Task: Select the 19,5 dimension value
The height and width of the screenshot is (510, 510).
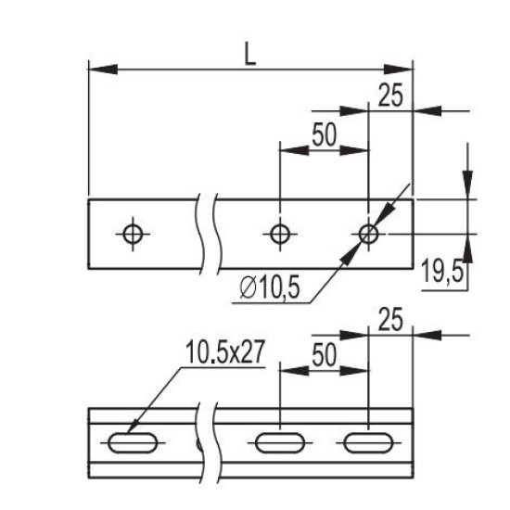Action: tap(441, 272)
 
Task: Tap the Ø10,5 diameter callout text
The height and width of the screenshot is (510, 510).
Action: tap(269, 288)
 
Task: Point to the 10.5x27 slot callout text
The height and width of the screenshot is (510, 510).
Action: tap(224, 352)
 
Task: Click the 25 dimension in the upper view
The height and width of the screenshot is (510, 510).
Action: tap(390, 96)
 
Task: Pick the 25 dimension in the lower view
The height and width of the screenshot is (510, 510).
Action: tap(390, 319)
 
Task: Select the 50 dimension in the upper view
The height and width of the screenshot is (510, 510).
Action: tap(324, 134)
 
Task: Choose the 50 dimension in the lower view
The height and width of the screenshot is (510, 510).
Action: tap(324, 355)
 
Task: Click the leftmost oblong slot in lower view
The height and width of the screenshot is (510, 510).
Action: tap(133, 433)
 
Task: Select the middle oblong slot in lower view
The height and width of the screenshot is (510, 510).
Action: tap(280, 433)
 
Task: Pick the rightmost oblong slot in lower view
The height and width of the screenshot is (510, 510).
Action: tap(368, 433)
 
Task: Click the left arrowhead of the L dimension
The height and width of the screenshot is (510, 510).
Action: tap(103, 70)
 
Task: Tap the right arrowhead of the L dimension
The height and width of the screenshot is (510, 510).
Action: tap(399, 70)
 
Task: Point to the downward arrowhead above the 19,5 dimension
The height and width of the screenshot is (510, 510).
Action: tap(467, 185)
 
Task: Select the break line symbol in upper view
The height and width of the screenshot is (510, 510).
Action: tap(206, 235)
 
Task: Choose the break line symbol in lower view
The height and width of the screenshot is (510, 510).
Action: tap(207, 443)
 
